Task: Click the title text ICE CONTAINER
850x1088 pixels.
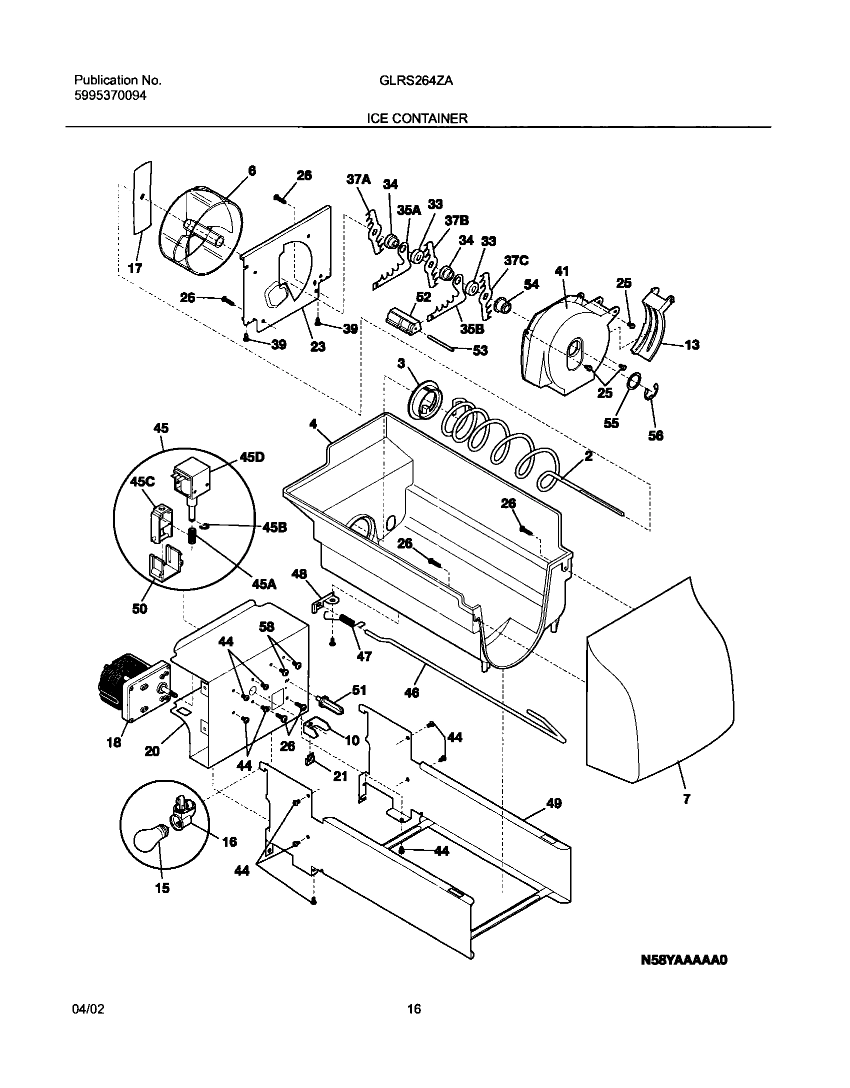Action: pos(417,118)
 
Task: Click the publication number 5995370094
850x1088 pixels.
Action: pos(110,95)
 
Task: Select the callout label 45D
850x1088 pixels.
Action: pos(252,458)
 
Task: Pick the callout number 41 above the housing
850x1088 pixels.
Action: pos(562,271)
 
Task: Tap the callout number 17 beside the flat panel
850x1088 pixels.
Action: pos(135,268)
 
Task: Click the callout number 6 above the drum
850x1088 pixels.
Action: pos(252,171)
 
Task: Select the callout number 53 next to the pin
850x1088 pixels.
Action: pos(480,351)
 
